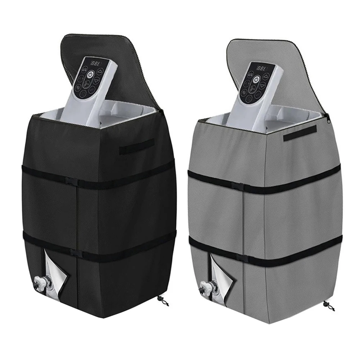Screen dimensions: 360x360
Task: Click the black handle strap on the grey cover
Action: point(300,133)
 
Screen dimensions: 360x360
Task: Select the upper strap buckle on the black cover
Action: point(74,181)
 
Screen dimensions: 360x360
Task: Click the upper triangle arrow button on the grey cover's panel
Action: point(266,77)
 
